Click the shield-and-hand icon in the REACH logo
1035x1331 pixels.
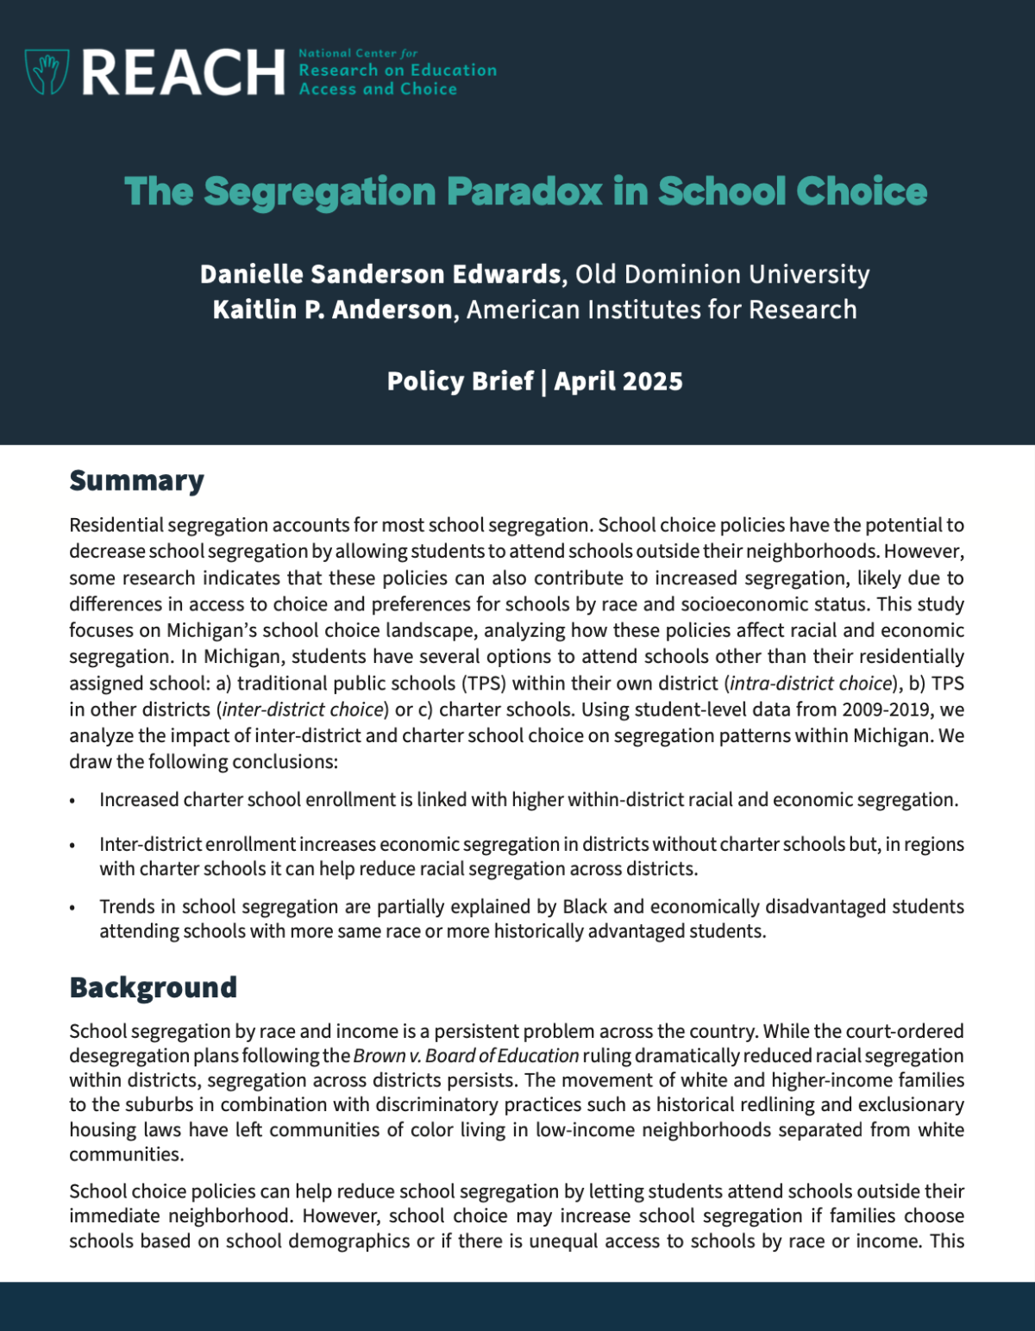47,72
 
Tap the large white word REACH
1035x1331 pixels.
183,72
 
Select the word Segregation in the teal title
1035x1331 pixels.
319,191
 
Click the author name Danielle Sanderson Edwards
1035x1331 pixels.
380,274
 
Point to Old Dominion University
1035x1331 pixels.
722,274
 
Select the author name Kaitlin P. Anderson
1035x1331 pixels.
333,309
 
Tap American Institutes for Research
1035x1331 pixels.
662,309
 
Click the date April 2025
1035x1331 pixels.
618,381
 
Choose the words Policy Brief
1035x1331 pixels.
460,381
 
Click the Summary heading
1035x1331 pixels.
136,480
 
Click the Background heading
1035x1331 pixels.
153,987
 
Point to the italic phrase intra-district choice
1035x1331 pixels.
810,684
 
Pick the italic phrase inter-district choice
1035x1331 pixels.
303,709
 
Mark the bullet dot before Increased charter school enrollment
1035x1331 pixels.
73,801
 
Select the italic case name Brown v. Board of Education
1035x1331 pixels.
466,1056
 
